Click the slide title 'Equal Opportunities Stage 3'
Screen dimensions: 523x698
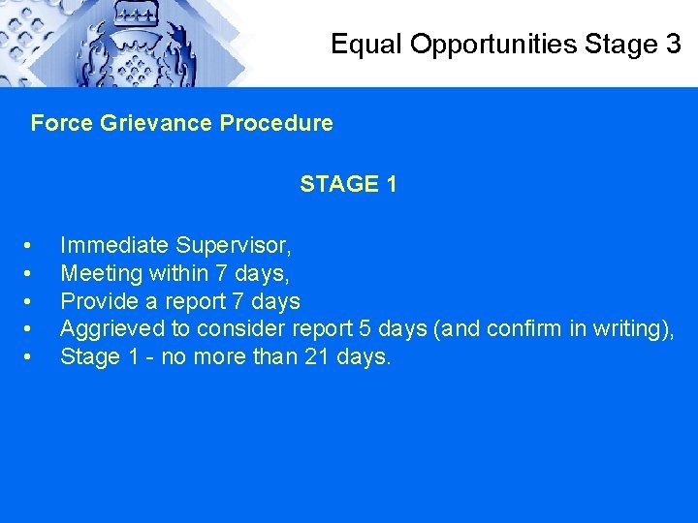pos(505,44)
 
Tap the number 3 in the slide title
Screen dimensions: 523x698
pos(673,44)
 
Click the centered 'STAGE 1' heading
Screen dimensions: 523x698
pos(348,184)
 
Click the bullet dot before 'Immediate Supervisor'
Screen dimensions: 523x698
pos(35,246)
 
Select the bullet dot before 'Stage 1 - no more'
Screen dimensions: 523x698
pos(35,358)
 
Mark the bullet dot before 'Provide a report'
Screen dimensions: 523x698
pos(35,302)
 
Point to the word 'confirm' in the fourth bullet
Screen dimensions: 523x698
pos(523,329)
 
